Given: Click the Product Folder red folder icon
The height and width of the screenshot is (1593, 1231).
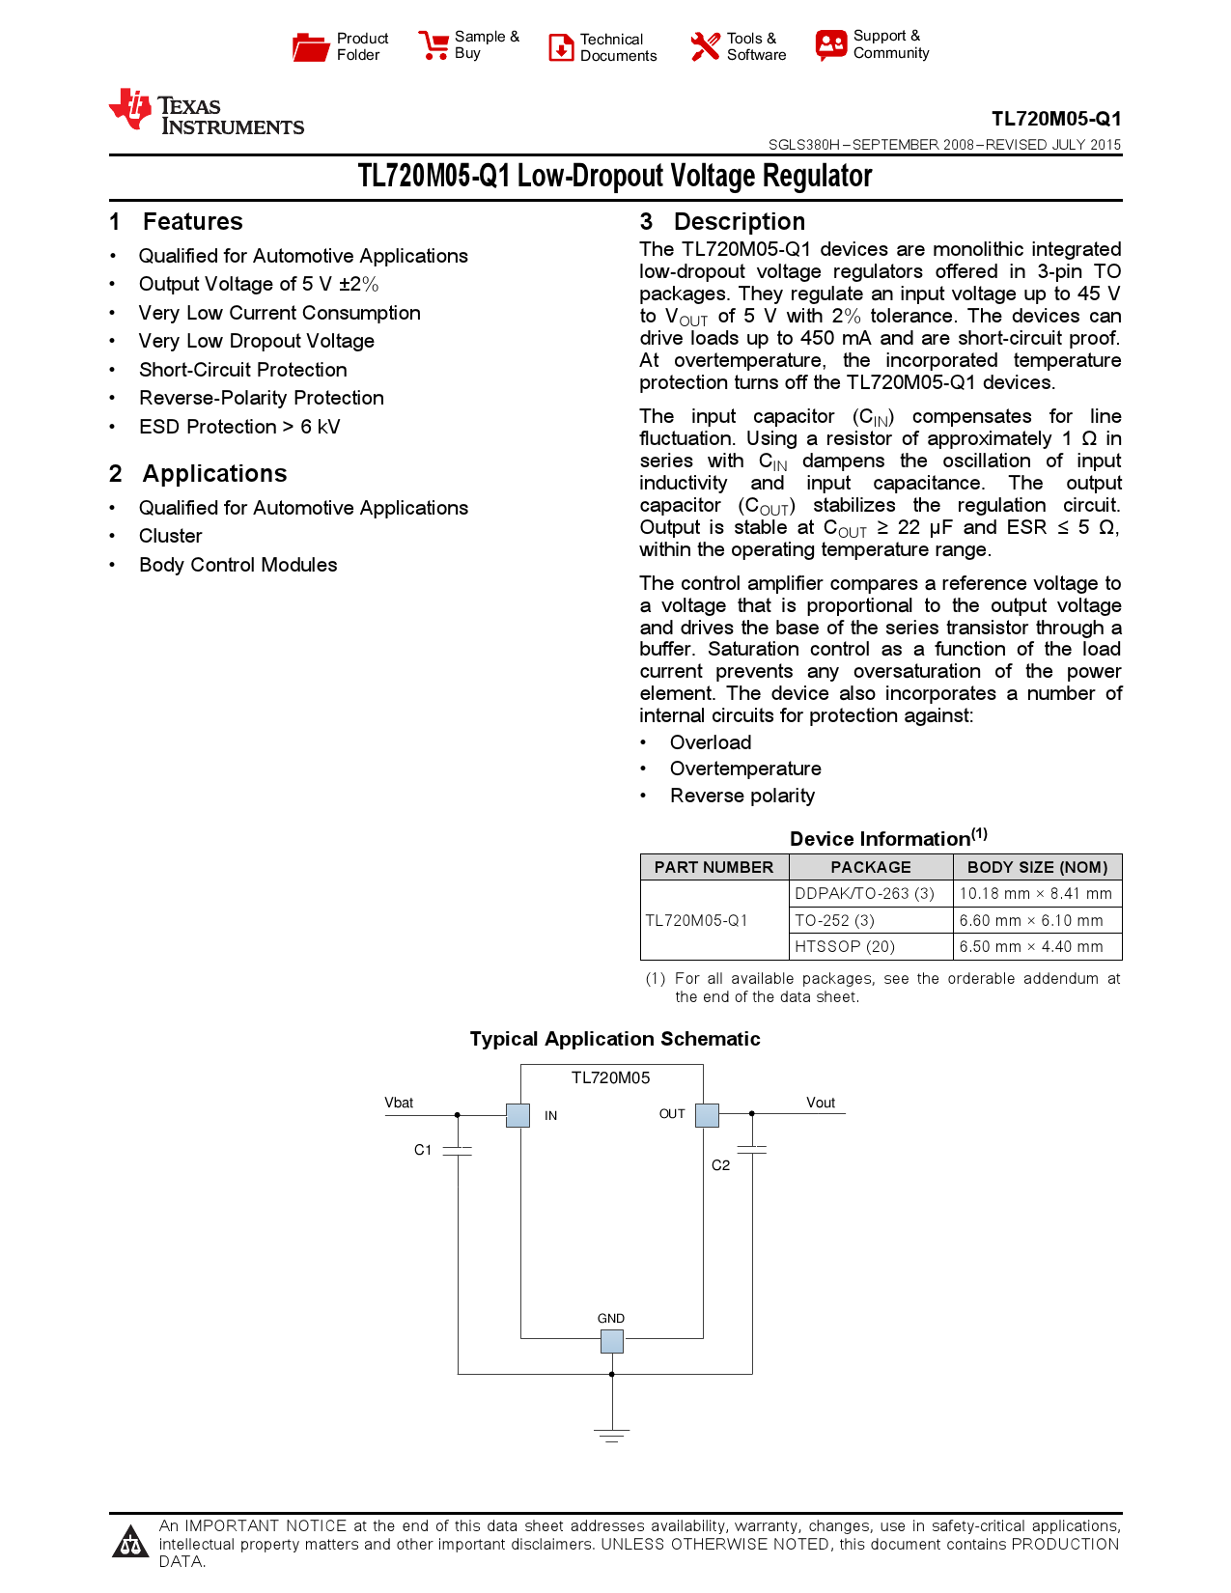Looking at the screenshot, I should click(x=311, y=47).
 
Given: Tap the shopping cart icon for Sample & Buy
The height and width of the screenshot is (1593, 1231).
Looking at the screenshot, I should click(x=434, y=45).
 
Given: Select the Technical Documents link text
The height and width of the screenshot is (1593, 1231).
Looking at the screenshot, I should click(x=618, y=47).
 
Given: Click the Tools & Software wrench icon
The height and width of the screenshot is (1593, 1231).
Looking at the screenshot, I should click(x=705, y=46).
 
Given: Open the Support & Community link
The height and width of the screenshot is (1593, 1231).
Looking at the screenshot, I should click(x=890, y=44).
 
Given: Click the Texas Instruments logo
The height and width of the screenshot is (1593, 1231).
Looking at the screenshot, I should click(x=207, y=113).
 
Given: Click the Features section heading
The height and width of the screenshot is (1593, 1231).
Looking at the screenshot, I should click(x=192, y=222).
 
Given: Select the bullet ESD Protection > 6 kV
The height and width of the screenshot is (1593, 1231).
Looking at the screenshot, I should click(x=239, y=427).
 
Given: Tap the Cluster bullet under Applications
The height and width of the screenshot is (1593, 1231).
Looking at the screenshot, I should click(x=171, y=536).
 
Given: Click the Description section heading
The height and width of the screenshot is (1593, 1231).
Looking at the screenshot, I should click(x=739, y=222).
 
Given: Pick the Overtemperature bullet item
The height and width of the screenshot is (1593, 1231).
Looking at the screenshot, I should click(x=745, y=769).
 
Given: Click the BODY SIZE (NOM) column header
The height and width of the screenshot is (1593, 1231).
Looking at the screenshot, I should click(x=1037, y=867).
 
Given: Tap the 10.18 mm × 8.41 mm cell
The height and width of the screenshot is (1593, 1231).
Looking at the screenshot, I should click(x=1035, y=893).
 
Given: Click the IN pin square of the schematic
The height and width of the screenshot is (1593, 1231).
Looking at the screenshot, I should click(x=518, y=1115).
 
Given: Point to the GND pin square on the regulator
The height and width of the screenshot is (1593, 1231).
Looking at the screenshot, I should click(x=611, y=1341).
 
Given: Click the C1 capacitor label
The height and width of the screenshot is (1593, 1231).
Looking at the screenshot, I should click(x=423, y=1150).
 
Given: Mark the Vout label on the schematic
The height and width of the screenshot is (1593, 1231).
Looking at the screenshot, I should click(x=821, y=1103).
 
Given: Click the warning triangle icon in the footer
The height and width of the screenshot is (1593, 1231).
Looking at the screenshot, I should click(x=130, y=1542).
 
